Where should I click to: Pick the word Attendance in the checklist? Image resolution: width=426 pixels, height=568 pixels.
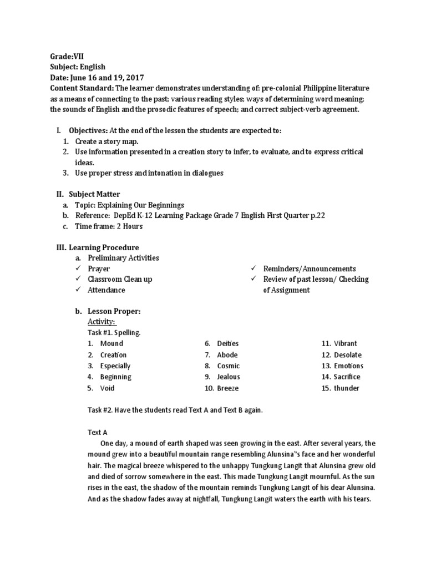click(x=106, y=290)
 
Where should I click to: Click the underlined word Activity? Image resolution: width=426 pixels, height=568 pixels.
click(x=102, y=322)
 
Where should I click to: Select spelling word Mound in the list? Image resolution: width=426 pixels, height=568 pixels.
click(x=111, y=343)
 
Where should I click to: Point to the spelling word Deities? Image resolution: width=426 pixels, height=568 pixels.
click(x=228, y=343)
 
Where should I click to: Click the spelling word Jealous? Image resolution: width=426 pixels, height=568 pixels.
click(x=229, y=377)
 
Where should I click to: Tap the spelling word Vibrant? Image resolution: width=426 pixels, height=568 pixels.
click(x=346, y=343)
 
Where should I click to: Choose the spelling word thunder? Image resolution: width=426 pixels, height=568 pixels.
click(x=347, y=388)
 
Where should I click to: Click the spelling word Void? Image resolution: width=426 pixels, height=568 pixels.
click(x=107, y=388)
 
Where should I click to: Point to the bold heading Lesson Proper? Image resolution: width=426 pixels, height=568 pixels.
click(x=114, y=311)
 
